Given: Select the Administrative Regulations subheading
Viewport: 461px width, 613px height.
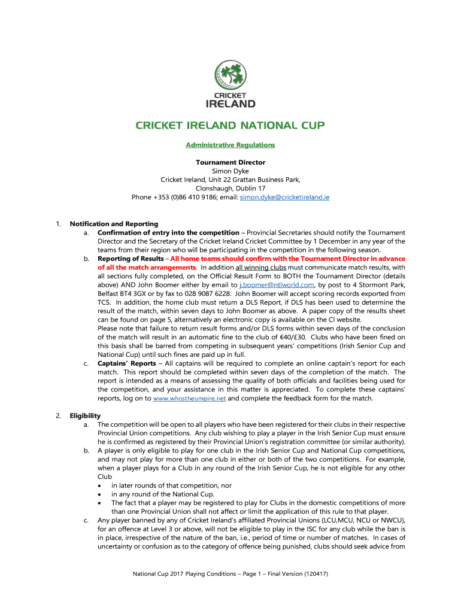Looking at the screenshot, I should click(230, 145).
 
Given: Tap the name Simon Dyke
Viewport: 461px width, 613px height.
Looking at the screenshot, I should click(230, 171).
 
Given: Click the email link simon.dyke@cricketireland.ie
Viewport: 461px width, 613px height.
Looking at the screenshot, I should click(284, 196).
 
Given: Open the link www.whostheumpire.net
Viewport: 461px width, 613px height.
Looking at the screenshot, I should click(189, 398).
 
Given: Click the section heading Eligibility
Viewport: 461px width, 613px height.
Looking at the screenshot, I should click(85, 415).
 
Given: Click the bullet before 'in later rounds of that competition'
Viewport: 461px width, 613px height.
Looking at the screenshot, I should click(99, 485).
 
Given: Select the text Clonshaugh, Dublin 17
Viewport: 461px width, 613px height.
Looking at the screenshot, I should click(230, 188).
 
